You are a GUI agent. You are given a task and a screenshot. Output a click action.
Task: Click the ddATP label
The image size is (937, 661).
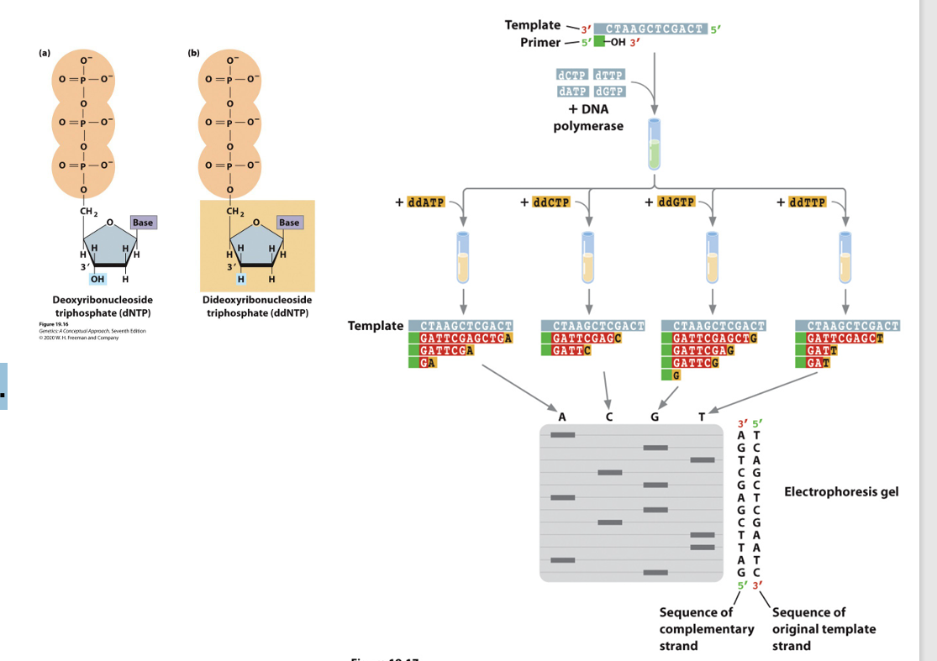426,202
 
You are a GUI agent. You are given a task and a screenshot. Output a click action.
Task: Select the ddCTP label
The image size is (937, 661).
551,202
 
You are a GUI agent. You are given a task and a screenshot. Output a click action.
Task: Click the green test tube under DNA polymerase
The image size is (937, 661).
654,144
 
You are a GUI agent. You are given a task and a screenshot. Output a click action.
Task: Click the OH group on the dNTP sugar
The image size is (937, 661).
99,279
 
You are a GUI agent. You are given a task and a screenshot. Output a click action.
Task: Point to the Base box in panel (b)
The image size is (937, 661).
289,223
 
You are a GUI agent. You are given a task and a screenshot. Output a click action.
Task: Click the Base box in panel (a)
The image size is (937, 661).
142,223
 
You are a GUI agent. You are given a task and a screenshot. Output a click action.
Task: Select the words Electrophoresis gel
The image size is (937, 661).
840,491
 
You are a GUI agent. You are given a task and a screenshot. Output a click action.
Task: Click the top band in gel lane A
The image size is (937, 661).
563,434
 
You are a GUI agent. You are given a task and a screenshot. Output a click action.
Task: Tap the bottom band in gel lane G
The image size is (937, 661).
655,573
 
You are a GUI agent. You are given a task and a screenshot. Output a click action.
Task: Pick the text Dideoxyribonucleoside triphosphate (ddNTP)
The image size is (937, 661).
257,307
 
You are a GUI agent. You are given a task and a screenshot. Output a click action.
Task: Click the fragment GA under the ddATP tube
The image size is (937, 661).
428,363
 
